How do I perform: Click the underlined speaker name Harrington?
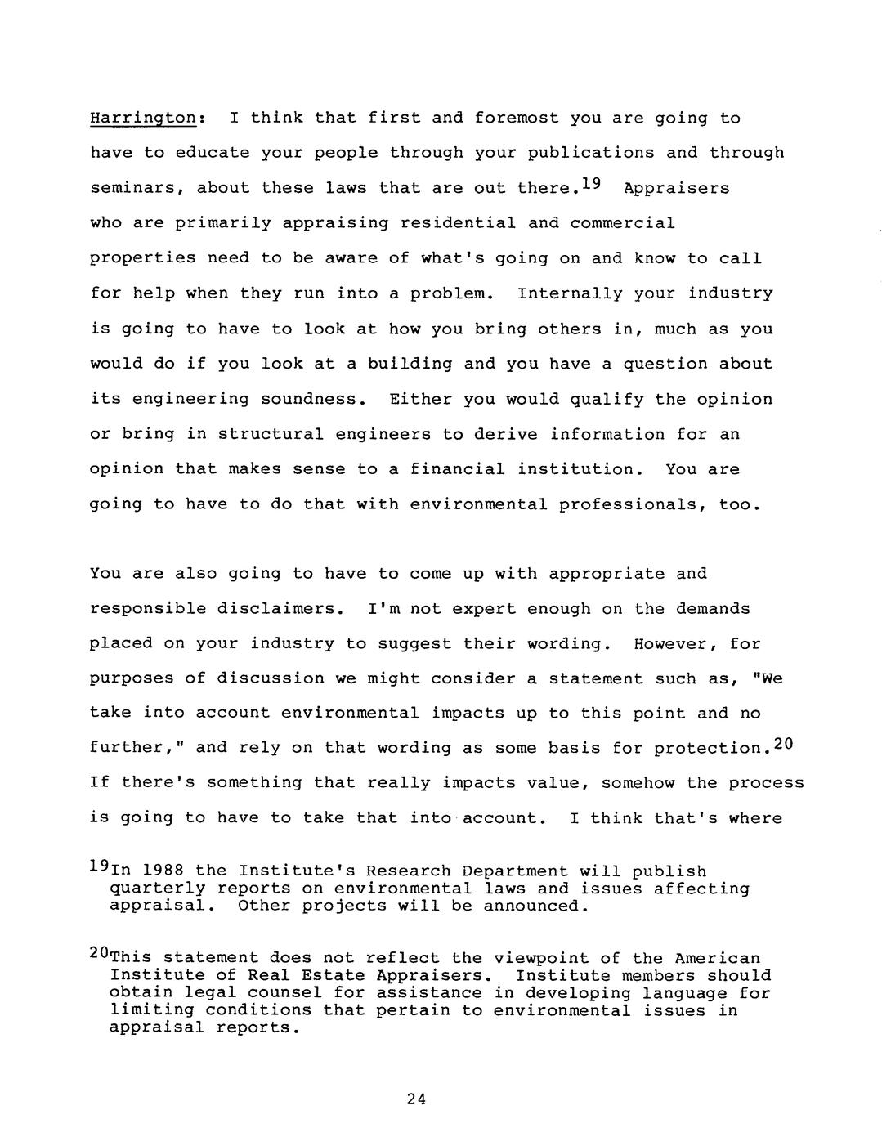pyautogui.click(x=143, y=118)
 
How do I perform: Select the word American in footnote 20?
pyautogui.click(x=718, y=958)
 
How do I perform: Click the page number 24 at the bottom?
pyautogui.click(x=416, y=1099)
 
